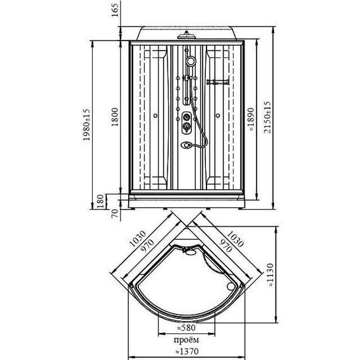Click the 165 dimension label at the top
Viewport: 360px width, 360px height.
point(115,10)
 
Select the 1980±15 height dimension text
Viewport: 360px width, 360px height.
point(87,125)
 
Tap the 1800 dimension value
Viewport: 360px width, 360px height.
point(115,117)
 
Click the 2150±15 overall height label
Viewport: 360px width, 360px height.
point(267,117)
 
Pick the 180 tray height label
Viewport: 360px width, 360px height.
point(100,201)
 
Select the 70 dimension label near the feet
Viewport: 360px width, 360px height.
point(114,213)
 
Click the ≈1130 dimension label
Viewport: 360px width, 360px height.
point(271,275)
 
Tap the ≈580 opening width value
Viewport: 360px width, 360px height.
point(186,328)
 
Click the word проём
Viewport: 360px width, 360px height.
point(186,340)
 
